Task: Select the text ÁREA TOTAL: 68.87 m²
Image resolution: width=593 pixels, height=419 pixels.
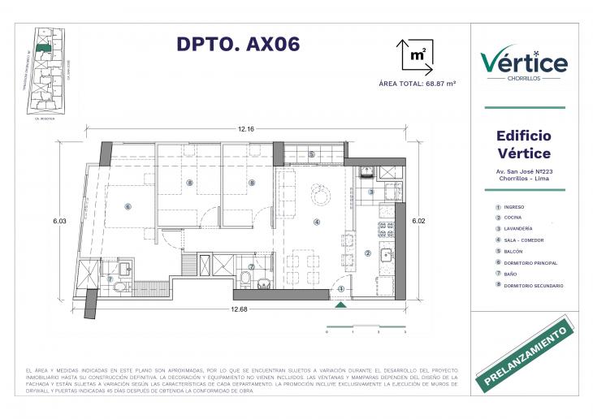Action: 418,84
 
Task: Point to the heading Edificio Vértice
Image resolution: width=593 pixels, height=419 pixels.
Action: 523,145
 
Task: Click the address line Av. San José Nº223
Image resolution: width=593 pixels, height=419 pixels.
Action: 523,171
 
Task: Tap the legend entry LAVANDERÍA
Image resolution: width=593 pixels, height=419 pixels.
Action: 517,230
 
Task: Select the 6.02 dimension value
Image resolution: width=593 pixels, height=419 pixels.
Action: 418,220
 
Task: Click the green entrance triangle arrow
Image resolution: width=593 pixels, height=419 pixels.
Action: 341,305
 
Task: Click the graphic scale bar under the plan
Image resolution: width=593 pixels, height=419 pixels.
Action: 365,329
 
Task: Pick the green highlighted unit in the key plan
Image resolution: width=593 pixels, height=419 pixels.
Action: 47,50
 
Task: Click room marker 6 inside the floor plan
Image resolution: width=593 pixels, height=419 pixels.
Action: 128,206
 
